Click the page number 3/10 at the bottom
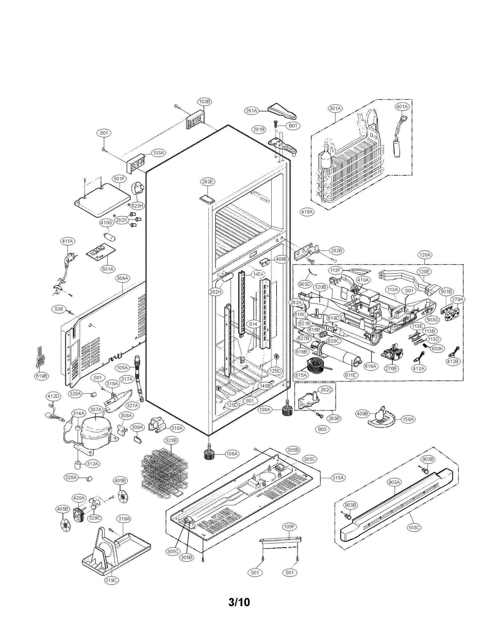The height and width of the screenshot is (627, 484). (x=239, y=602)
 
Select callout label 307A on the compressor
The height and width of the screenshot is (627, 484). (x=96, y=409)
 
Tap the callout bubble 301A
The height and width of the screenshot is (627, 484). (x=335, y=108)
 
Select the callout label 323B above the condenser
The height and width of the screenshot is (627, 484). (x=171, y=440)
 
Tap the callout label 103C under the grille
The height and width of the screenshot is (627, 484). (x=414, y=527)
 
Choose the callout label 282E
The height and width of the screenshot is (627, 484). (x=208, y=182)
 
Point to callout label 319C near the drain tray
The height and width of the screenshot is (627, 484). (x=111, y=580)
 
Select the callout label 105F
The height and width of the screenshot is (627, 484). (x=289, y=526)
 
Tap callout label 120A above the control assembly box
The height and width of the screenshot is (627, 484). (x=425, y=255)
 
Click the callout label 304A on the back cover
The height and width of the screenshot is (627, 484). (x=123, y=278)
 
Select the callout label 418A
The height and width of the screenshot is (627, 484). (x=307, y=212)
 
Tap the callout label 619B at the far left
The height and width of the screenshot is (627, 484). (x=41, y=376)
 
